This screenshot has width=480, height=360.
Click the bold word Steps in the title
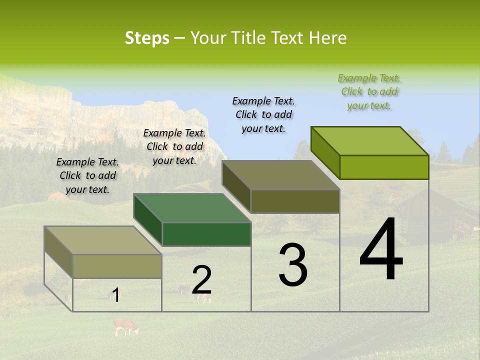(146, 38)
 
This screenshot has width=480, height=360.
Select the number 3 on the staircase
(293, 264)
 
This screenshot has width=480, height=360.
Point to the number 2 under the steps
(201, 280)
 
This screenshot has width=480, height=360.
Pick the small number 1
(115, 295)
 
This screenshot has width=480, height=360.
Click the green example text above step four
(369, 91)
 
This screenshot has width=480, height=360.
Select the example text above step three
(263, 114)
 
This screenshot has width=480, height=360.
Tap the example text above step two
(174, 146)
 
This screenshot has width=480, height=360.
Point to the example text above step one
(87, 175)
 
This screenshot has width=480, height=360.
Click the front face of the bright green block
(384, 167)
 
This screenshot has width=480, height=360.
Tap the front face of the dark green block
(206, 234)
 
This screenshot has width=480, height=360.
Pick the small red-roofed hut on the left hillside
(58, 195)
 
